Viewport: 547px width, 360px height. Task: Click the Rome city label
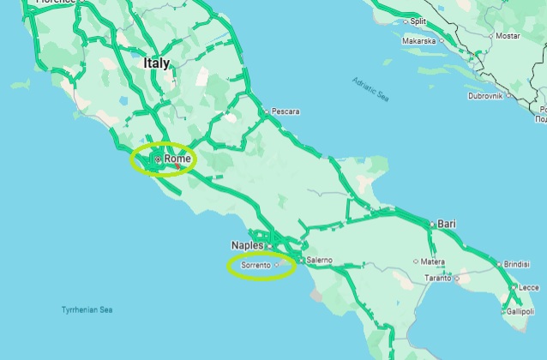click(x=177, y=159)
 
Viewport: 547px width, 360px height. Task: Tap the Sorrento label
click(x=255, y=266)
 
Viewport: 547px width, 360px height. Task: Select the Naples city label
click(x=247, y=245)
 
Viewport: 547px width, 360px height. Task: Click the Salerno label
click(x=319, y=260)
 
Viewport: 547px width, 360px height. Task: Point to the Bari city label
click(x=447, y=224)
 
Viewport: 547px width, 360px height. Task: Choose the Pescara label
click(x=285, y=111)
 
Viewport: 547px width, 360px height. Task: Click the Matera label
click(x=432, y=261)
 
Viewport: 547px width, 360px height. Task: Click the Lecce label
click(x=528, y=287)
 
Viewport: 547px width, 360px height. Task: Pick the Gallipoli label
click(x=520, y=312)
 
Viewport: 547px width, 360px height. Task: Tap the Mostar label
click(x=508, y=36)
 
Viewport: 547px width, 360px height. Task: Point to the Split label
click(x=418, y=21)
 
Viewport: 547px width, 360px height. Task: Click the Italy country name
click(x=157, y=63)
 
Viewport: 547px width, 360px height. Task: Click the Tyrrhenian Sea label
click(x=87, y=309)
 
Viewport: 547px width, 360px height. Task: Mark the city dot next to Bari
click(x=433, y=224)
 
